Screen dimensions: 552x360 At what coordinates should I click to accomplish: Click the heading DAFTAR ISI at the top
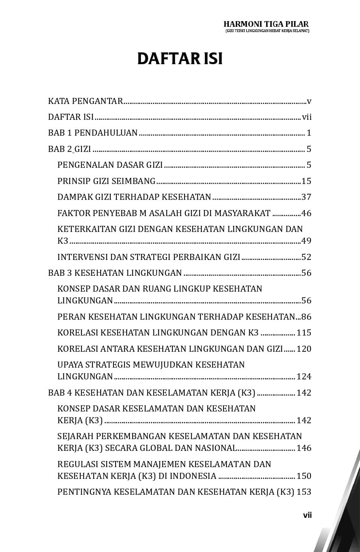click(x=180, y=58)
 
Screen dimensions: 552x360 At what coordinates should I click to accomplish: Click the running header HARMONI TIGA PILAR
click(x=266, y=24)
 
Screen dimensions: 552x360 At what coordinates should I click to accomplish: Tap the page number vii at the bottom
click(x=307, y=515)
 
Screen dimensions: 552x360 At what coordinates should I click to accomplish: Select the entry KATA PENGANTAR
click(x=85, y=101)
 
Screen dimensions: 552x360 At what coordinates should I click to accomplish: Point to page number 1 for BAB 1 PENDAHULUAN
click(x=309, y=133)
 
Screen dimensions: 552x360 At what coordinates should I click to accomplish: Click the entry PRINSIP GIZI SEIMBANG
click(x=106, y=181)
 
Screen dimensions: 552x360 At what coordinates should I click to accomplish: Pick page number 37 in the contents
click(x=306, y=197)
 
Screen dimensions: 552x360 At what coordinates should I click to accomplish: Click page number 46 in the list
click(x=306, y=213)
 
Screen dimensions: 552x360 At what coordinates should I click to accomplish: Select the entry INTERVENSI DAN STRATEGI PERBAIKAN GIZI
click(x=149, y=257)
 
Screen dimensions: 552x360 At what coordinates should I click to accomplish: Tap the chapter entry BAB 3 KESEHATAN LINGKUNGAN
click(x=115, y=273)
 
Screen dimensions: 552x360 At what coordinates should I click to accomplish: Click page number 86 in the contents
click(x=306, y=316)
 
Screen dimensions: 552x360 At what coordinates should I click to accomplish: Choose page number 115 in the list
click(x=304, y=333)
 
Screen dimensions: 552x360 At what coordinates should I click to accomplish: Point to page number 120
click(x=304, y=349)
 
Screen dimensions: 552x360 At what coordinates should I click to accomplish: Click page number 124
click(x=304, y=377)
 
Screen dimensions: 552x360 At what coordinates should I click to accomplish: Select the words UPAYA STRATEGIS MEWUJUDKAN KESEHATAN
click(x=151, y=364)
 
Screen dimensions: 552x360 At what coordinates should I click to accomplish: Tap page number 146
click(x=304, y=448)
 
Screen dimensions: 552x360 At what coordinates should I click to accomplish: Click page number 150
click(x=304, y=476)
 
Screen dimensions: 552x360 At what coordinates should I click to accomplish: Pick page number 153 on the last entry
click(x=304, y=492)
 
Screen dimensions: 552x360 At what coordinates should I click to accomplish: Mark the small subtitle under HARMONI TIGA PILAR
click(x=267, y=31)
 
